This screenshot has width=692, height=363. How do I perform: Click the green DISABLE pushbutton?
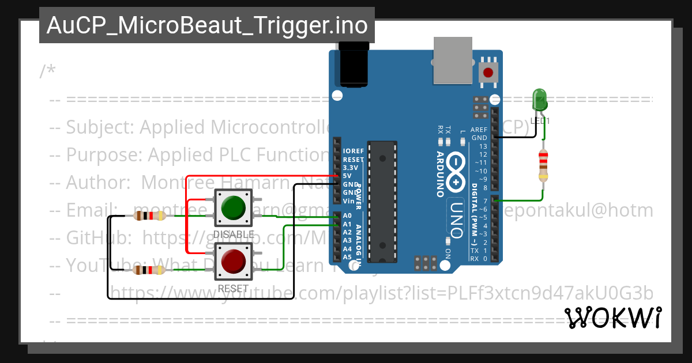pos(232,208)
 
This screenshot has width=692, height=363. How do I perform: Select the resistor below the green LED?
pos(543,165)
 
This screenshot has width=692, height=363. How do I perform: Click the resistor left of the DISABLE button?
pos(149,216)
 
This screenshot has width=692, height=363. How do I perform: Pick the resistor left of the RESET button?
pos(149,270)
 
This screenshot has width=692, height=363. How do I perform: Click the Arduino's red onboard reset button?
pos(488,73)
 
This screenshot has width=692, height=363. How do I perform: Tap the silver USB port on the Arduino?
pos(452,60)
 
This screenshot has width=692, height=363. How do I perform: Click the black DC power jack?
pos(353,67)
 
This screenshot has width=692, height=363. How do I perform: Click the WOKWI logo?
pos(613,317)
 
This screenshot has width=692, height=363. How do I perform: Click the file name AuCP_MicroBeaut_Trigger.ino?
pos(207,25)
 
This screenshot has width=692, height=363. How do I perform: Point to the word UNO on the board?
pos(456,218)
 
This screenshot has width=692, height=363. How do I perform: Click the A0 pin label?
pos(347,215)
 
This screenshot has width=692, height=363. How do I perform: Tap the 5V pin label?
pos(347,176)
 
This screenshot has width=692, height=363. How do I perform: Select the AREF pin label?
pos(479,130)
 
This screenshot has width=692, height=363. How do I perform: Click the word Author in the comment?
pos(97,182)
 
